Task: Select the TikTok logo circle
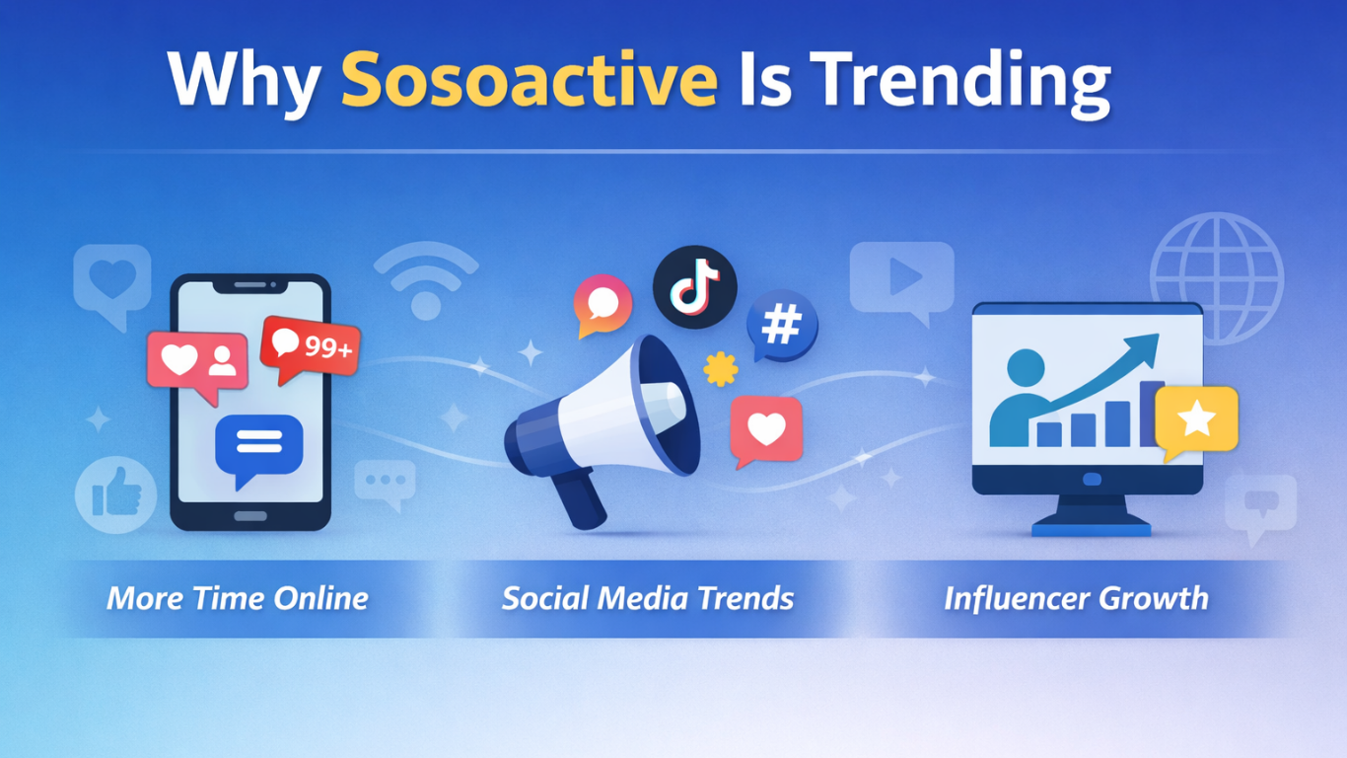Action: [x=694, y=287]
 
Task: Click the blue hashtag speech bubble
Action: [x=781, y=325]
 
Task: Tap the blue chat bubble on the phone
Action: [x=258, y=446]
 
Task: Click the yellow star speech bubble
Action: [x=1195, y=419]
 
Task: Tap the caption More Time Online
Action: [x=238, y=598]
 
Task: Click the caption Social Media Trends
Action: [x=648, y=598]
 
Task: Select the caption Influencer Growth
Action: [x=1076, y=598]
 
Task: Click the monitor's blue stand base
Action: [x=1091, y=527]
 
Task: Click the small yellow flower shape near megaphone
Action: [x=721, y=369]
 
